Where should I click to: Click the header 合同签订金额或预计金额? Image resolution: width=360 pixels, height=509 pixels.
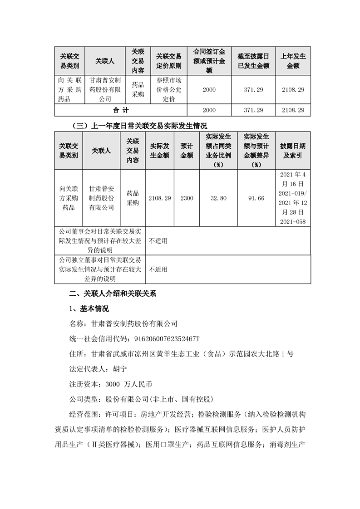coord(209,61)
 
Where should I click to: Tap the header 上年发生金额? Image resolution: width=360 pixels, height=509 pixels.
coord(293,61)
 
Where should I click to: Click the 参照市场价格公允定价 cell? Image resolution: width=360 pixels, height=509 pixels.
coord(168,89)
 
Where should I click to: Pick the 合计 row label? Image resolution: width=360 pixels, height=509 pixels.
coord(121,110)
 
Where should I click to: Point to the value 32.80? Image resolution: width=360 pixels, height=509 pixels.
coord(218,198)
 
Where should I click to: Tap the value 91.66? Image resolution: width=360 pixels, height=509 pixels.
coord(257,198)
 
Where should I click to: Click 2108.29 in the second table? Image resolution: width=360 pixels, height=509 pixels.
coord(160,198)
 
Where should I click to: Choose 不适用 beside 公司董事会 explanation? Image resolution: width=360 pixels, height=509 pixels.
coord(158,241)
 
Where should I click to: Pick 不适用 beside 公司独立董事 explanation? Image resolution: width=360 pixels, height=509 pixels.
coord(158,269)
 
